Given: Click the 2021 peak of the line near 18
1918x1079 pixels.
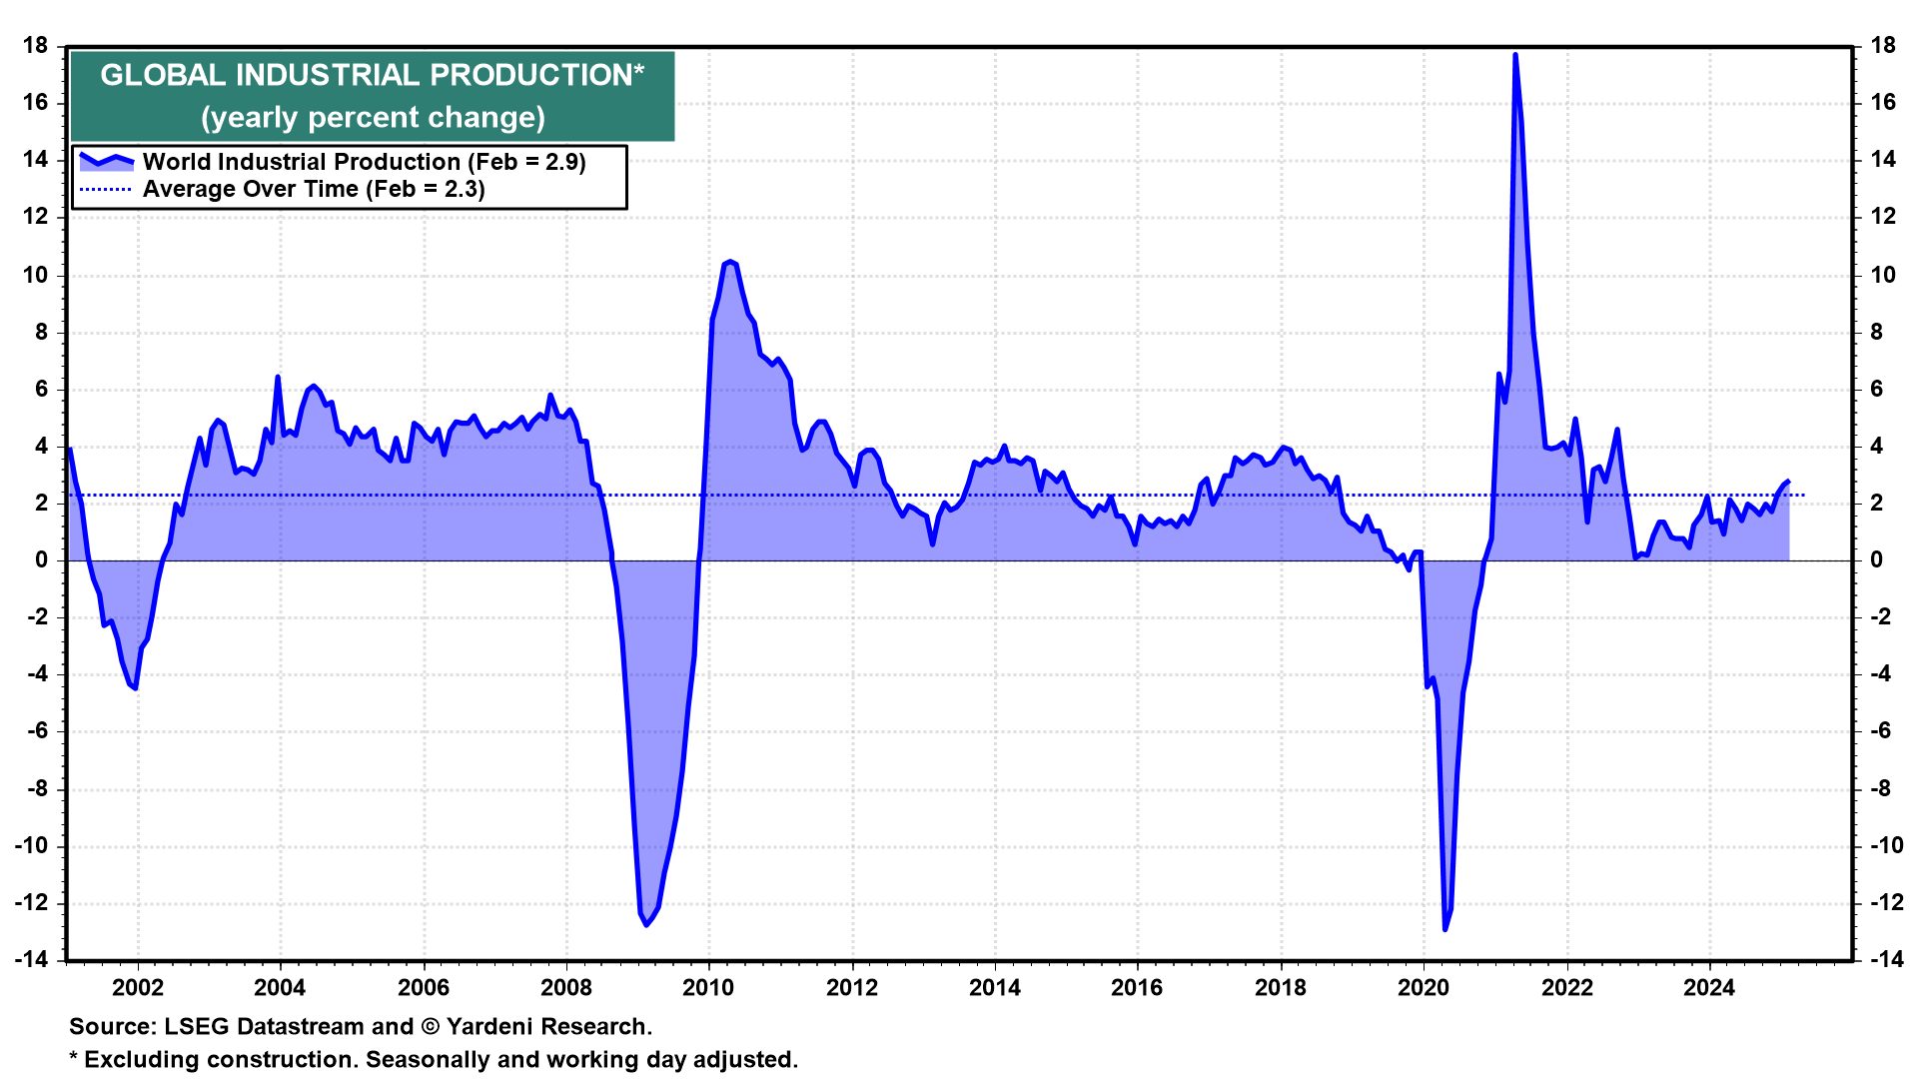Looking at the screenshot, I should [1515, 55].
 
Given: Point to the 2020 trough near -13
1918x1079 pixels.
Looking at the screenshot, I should [1444, 929].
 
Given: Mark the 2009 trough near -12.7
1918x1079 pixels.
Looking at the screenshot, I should [646, 924].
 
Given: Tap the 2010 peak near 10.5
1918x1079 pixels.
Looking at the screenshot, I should [730, 262].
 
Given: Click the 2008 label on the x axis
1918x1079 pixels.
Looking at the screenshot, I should [566, 988].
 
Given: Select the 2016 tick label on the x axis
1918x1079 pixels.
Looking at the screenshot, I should [1137, 988].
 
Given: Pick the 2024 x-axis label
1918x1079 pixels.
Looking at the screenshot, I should [1709, 988].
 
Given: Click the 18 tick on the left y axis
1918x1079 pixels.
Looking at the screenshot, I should [36, 45].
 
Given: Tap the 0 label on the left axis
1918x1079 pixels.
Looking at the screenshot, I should [42, 559].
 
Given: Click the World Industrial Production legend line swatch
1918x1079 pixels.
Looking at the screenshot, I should [106, 161].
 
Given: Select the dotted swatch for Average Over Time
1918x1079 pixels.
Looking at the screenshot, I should [106, 189].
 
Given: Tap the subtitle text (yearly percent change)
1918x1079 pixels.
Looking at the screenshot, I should [373, 118].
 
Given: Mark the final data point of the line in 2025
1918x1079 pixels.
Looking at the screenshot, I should [1788, 482].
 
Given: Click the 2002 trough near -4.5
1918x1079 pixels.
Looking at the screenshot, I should [135, 687].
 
